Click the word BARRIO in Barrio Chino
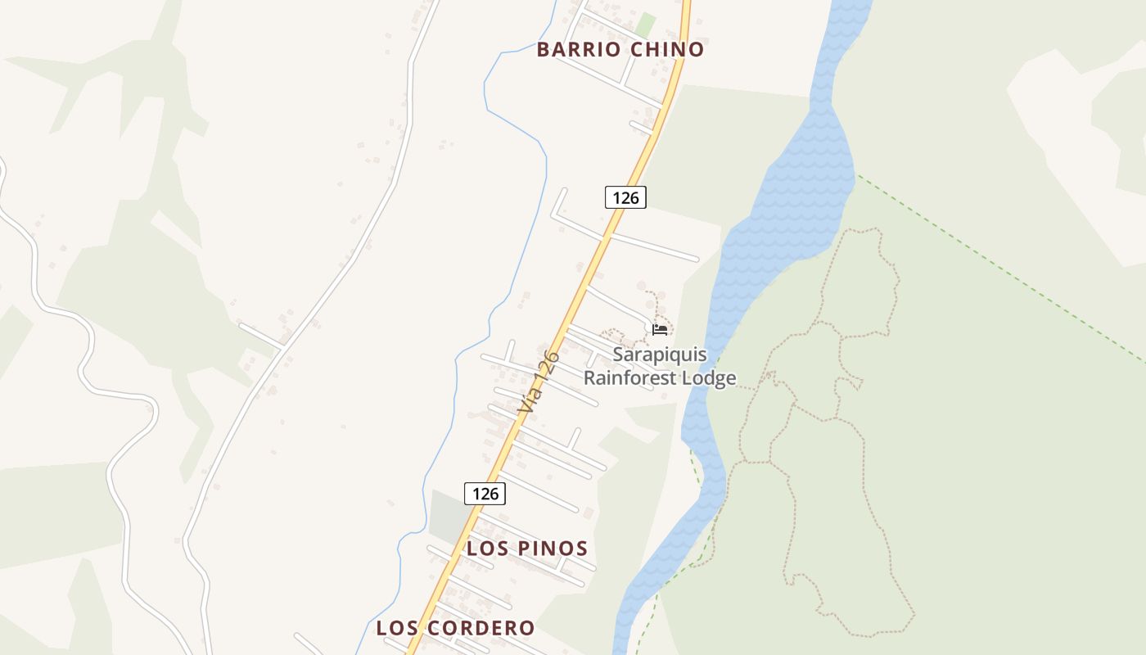pyautogui.click(x=579, y=50)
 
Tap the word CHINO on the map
pyautogui.click(x=668, y=50)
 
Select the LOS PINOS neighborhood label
pyautogui.click(x=527, y=549)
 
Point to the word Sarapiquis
pyautogui.click(x=660, y=356)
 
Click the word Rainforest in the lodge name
pyautogui.click(x=634, y=378)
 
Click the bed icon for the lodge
pyautogui.click(x=660, y=330)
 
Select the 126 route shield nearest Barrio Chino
pyautogui.click(x=625, y=197)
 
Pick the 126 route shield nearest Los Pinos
pyautogui.click(x=485, y=494)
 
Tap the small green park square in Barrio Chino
pyautogui.click(x=646, y=25)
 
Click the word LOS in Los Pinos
pyautogui.click(x=482, y=549)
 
